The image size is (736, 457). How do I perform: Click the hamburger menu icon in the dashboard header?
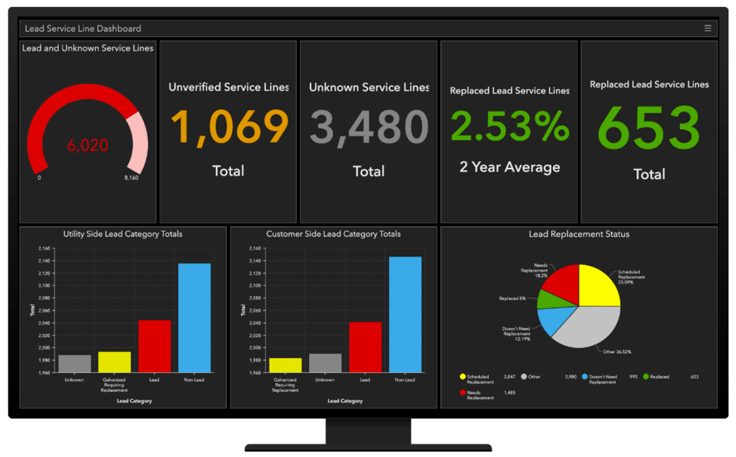[708, 28]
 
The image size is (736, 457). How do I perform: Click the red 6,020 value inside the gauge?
[87, 145]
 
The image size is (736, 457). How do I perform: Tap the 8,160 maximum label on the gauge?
[132, 178]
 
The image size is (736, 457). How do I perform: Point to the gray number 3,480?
[368, 127]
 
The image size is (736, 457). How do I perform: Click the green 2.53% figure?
[510, 125]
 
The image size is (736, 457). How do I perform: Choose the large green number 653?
[649, 129]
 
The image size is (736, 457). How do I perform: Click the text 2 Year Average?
[510, 167]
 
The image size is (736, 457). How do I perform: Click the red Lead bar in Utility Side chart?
[154, 346]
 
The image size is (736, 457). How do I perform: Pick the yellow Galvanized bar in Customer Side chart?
[285, 365]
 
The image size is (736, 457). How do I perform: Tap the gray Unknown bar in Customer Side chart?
[325, 363]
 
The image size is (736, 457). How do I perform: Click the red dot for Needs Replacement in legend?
[463, 392]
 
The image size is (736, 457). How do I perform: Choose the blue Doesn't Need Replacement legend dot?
[585, 376]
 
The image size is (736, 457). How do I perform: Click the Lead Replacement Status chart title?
[579, 234]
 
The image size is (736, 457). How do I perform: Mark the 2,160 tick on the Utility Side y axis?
[44, 248]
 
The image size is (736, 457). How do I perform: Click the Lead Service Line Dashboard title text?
[83, 28]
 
